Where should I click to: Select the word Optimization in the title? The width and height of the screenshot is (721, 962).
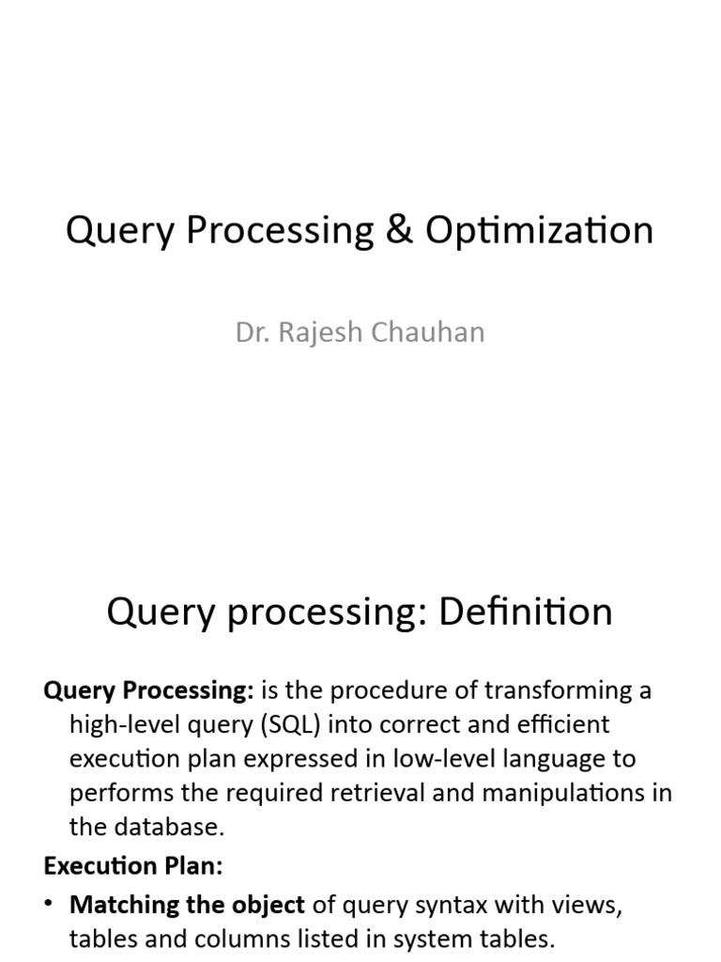pyautogui.click(x=539, y=231)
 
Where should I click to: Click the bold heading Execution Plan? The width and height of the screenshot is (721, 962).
pyautogui.click(x=133, y=865)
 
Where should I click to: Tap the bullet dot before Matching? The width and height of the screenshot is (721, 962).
pyautogui.click(x=50, y=905)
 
